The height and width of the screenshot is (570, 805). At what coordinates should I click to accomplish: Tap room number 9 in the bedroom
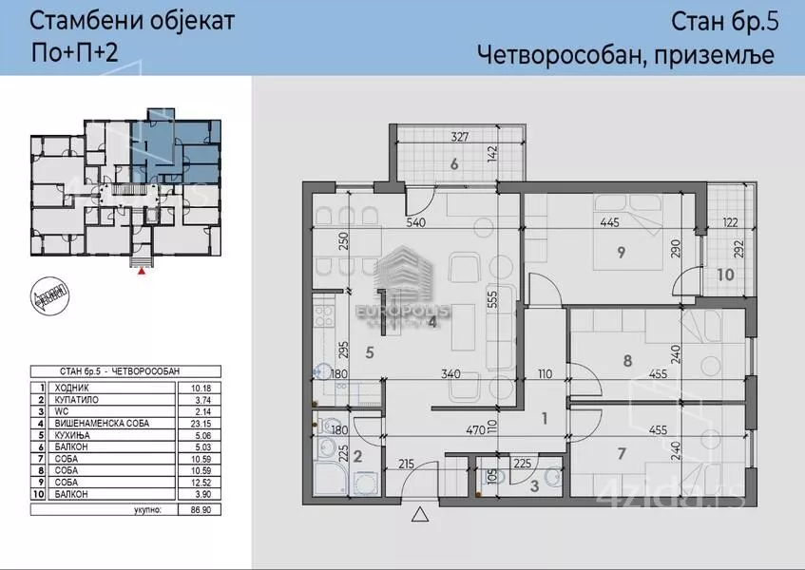tap(621, 253)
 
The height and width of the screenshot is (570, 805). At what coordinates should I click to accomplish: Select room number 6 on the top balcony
tap(454, 164)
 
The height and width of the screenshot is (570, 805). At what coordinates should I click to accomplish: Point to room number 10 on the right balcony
tap(725, 275)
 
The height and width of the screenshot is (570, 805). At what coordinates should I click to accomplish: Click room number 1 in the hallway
tap(545, 417)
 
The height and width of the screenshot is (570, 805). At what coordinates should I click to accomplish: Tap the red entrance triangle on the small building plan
tap(143, 271)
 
